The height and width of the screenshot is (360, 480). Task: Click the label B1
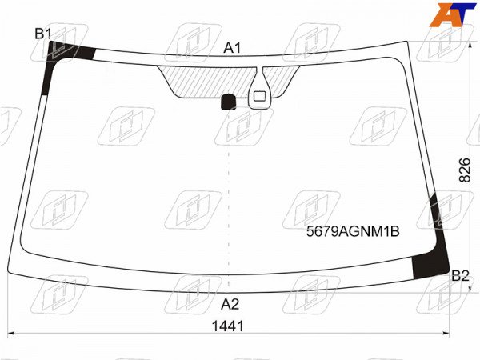pos(43,34)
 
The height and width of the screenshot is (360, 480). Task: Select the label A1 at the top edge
pos(232,48)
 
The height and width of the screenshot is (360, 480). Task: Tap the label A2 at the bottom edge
pos(230,304)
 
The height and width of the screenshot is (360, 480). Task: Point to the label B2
pos(460,276)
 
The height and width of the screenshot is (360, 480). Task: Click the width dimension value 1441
pos(228,326)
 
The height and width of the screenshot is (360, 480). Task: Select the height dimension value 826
pos(464,170)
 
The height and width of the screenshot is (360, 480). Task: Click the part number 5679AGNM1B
pos(353,232)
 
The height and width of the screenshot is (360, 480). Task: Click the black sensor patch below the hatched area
pos(228,102)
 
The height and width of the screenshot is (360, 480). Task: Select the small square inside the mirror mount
pos(259,96)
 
